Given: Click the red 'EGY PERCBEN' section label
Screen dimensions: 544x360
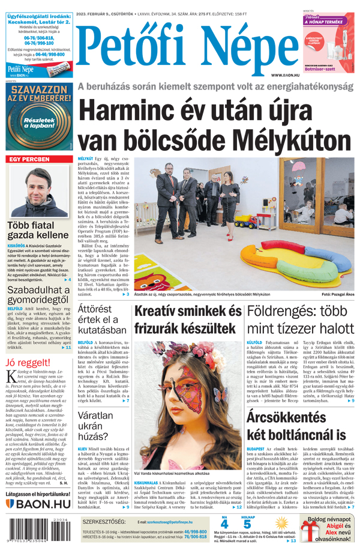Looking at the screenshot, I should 30,160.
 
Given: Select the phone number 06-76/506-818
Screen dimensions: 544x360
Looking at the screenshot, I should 38,38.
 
